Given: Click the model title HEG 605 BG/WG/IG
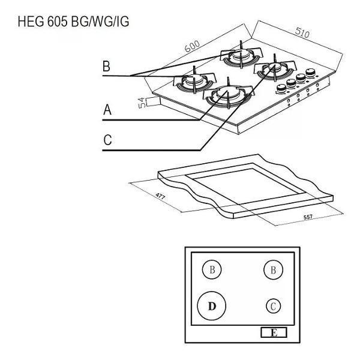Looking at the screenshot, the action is tap(73, 22).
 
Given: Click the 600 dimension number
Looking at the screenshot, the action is tap(192, 47).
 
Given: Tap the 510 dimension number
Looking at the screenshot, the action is tap(302, 32).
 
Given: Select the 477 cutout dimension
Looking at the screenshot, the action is tap(160, 196).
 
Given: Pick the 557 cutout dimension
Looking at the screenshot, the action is tap(308, 217).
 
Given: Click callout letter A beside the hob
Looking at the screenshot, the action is tap(107, 110).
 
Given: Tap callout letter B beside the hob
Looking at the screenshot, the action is tap(106, 66).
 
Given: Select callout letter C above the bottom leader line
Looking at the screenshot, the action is tap(107, 140).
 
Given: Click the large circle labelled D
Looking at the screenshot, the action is tap(212, 306).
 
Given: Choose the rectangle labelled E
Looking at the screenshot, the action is tap(274, 332).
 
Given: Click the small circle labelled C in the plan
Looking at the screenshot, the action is tap(273, 306).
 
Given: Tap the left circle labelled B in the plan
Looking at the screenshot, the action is tap(212, 269).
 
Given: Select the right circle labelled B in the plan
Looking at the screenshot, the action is tap(273, 270).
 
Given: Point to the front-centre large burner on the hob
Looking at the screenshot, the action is tap(228, 95).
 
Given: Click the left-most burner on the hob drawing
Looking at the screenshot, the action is tap(194, 80).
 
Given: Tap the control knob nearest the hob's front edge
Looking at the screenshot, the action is tap(281, 88).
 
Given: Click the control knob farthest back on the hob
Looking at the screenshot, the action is tap(310, 73).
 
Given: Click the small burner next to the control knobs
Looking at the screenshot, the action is tap(274, 68).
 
